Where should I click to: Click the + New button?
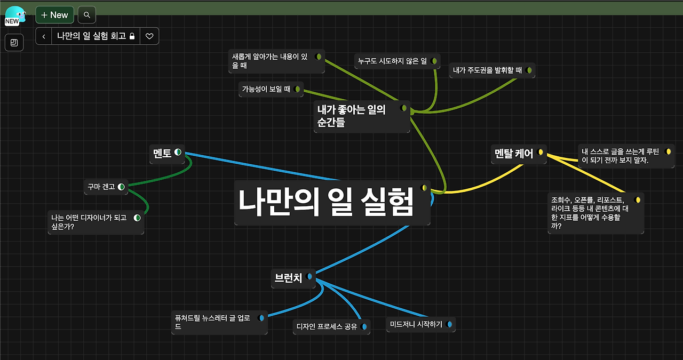54,15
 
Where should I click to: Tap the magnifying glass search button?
87,15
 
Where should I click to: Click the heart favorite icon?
149,36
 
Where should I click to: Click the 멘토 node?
162,153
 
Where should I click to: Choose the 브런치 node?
288,277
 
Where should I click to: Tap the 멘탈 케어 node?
513,154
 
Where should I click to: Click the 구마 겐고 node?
101,187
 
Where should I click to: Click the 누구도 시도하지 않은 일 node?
392,61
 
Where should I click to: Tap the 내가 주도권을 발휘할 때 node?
487,70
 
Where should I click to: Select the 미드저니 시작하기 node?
416,324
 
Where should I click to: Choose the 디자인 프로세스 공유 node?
327,326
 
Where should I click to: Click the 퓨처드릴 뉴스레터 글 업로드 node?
213,322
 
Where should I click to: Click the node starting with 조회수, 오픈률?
590,212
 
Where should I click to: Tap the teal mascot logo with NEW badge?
15,15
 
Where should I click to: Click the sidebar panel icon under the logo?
14,43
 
